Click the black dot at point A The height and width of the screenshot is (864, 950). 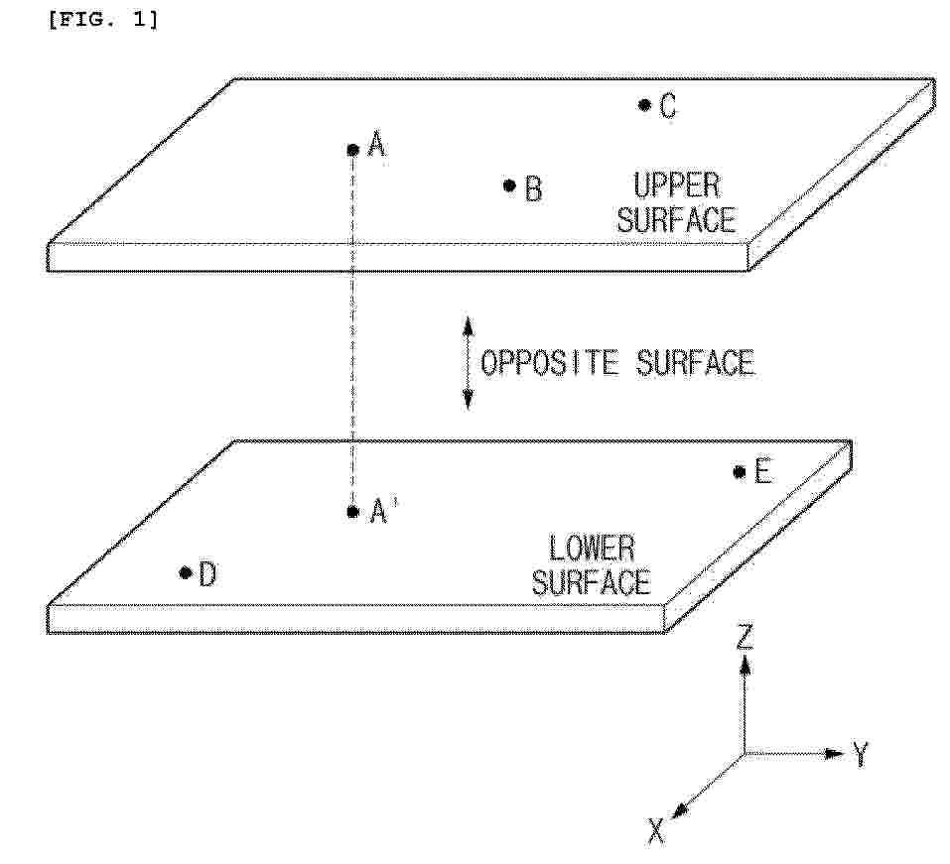353,150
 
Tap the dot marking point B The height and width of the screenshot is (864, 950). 509,185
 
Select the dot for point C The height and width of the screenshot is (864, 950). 644,105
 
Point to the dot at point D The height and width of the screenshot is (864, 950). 186,572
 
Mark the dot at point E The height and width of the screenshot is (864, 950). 740,471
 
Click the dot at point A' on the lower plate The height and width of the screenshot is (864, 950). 353,512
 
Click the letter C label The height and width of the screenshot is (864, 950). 668,106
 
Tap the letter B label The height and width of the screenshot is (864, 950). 533,188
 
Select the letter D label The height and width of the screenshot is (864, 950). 207,574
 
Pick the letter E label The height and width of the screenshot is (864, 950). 762,471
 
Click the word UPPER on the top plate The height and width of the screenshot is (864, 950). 677,185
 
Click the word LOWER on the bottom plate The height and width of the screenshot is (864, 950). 592,549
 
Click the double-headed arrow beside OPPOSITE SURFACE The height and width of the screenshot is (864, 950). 468,363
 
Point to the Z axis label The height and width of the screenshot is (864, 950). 745,638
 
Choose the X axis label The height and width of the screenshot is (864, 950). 656,830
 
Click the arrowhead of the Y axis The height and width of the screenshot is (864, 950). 836,754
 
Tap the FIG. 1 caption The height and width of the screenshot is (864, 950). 103,20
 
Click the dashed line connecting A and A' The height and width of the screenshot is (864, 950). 353,330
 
